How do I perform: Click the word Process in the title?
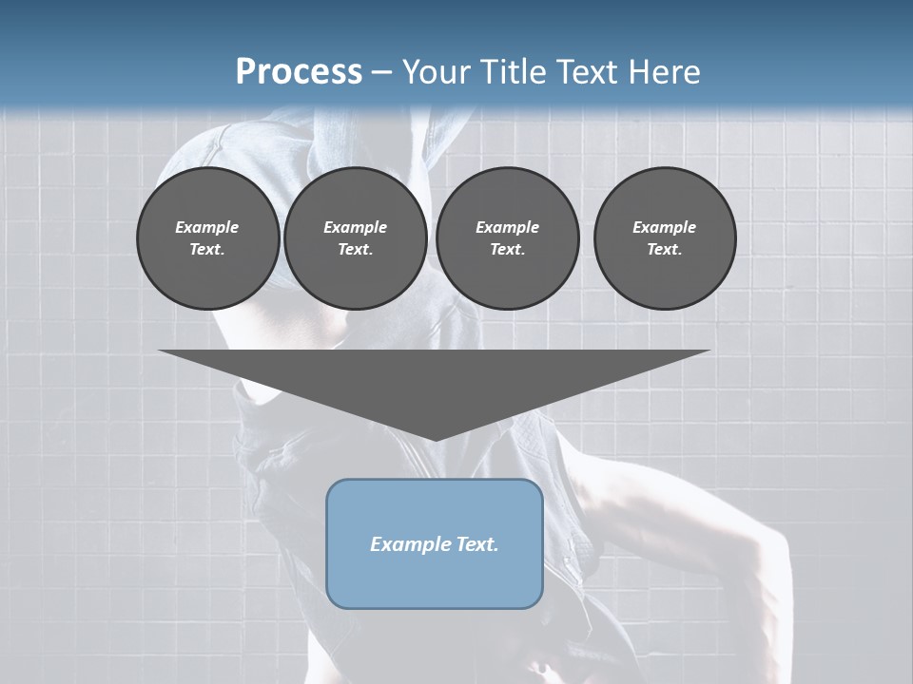[299, 71]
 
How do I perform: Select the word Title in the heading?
[515, 71]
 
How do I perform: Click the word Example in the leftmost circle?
[207, 227]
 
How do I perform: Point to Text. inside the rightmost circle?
[665, 249]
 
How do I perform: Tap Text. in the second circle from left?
[355, 249]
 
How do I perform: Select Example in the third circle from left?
[507, 227]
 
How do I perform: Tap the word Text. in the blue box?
[476, 544]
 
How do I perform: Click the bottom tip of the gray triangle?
[435, 439]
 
